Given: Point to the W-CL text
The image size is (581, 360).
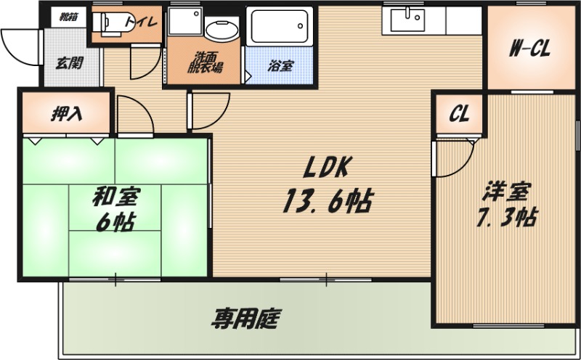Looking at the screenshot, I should [x=529, y=50].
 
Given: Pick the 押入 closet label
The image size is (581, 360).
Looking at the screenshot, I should [x=66, y=113].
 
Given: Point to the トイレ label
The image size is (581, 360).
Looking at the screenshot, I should [x=142, y=22].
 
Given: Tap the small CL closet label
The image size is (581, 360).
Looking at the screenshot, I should [x=458, y=114].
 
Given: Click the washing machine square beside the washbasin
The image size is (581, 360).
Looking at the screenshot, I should [x=183, y=24].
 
